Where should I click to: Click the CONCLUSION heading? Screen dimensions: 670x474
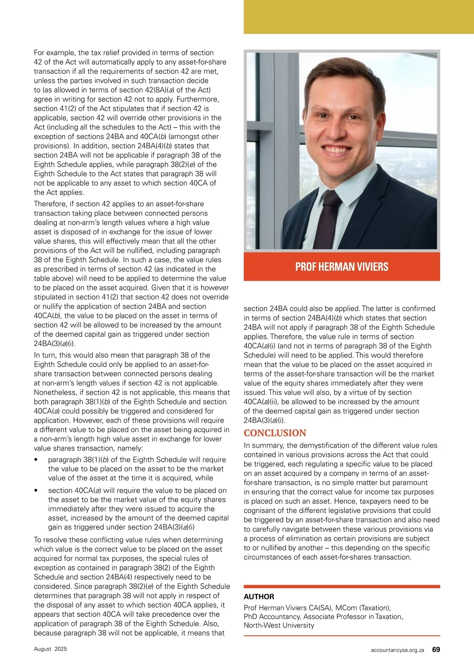(275, 433)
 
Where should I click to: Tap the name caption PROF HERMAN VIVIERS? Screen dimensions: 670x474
(342, 267)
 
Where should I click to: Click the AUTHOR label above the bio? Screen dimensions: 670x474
(259, 597)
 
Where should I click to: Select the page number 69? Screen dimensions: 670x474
(436, 649)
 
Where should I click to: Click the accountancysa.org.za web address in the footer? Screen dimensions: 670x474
(397, 650)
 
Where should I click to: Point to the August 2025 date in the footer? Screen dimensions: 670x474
(51, 649)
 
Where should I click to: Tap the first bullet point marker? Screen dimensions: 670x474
(36, 460)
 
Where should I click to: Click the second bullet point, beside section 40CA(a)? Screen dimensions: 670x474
(36, 491)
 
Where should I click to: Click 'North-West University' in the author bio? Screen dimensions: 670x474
(279, 625)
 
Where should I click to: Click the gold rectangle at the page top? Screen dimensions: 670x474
(358, 17)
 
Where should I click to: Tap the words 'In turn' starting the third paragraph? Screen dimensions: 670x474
(45, 355)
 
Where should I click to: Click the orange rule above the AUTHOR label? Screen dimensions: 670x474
(342, 587)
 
